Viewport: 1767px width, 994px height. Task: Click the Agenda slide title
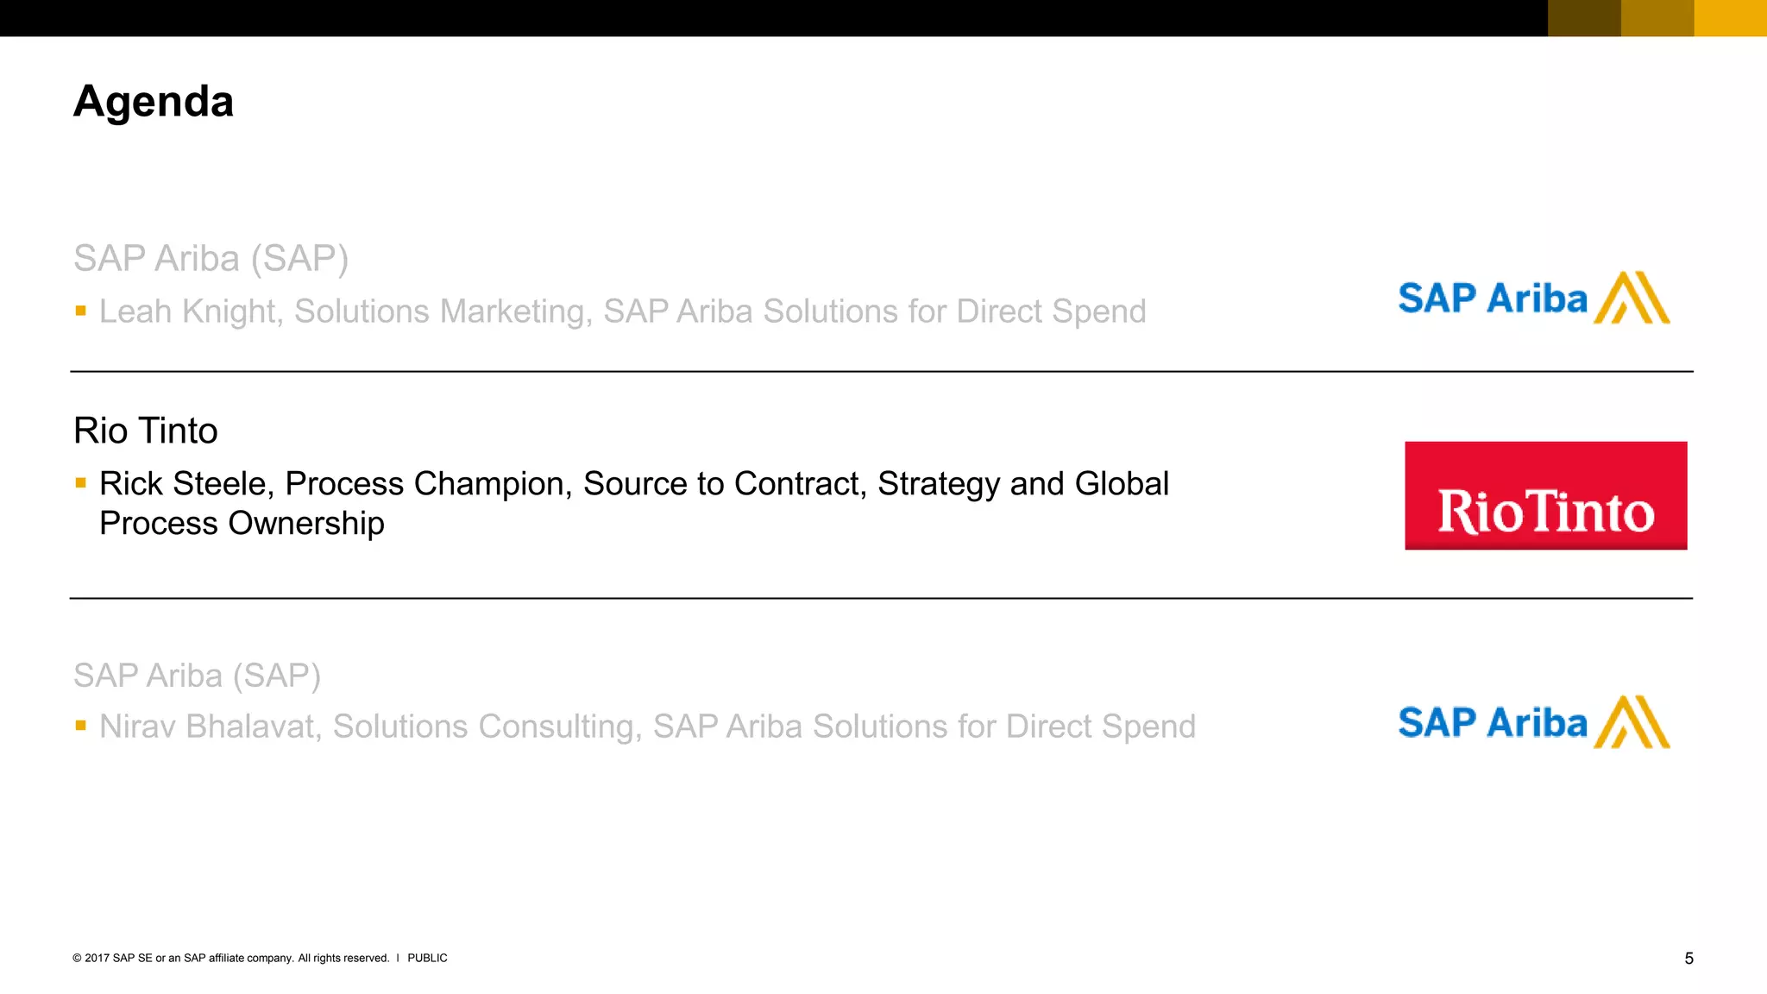coord(154,102)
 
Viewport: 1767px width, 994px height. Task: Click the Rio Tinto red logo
coord(1545,496)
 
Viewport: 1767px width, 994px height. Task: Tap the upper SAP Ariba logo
coord(1533,299)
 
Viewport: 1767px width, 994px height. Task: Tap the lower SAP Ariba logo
coord(1533,722)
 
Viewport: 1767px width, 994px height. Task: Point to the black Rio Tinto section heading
coord(146,431)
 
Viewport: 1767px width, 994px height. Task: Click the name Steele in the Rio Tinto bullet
coord(223,484)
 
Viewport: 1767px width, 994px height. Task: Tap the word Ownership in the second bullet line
coord(306,524)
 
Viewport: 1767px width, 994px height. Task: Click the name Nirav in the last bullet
coord(137,727)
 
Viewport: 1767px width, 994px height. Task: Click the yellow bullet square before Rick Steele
coord(80,483)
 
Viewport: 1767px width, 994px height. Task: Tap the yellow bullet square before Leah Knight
coord(80,311)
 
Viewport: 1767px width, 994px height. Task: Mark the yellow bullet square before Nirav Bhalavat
coord(80,726)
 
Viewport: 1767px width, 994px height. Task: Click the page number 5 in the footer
coord(1688,959)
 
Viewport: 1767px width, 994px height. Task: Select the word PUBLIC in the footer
coord(427,958)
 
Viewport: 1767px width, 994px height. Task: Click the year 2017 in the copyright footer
coord(97,958)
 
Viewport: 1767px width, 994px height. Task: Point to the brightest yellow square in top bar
coord(1730,18)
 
